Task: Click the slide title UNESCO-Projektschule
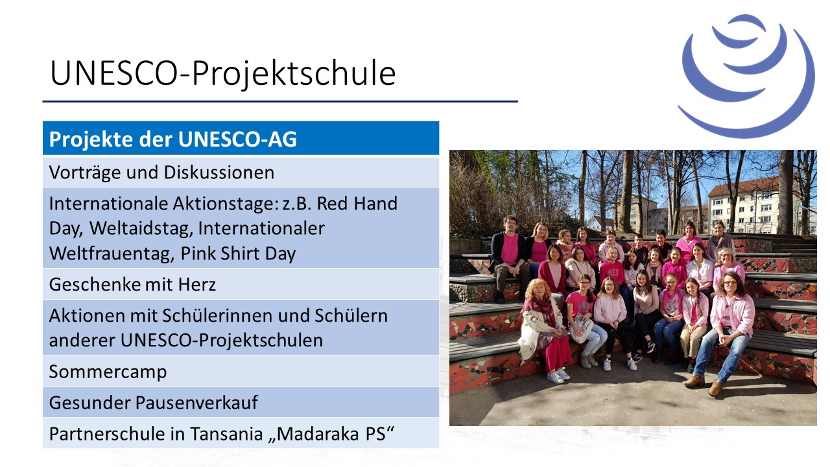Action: (223, 73)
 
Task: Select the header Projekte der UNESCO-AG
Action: (172, 139)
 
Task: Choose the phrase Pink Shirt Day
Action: (238, 254)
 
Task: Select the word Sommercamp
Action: (108, 372)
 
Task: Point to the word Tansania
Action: (227, 434)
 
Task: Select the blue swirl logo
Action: (746, 76)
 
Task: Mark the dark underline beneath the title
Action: (280, 101)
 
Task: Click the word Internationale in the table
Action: (108, 204)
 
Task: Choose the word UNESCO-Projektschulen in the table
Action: (222, 341)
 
